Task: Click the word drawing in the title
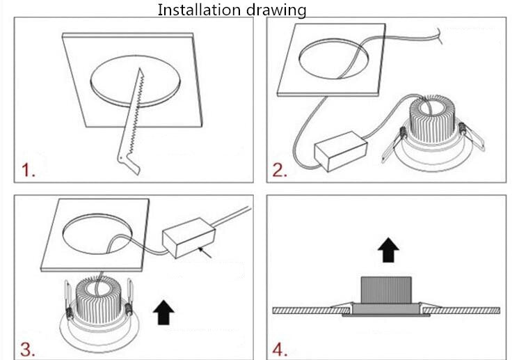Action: [276, 10]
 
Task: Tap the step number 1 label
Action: [28, 170]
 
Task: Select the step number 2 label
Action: [280, 170]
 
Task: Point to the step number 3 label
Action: [27, 349]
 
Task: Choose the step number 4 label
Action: [280, 350]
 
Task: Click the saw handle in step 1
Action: [129, 164]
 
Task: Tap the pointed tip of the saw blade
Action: [140, 68]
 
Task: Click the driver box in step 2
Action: [341, 151]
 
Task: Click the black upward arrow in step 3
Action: [163, 312]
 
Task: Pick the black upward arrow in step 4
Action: [389, 249]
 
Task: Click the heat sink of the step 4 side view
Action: [386, 290]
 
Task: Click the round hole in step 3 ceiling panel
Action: [97, 234]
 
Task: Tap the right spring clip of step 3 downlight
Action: [129, 297]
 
